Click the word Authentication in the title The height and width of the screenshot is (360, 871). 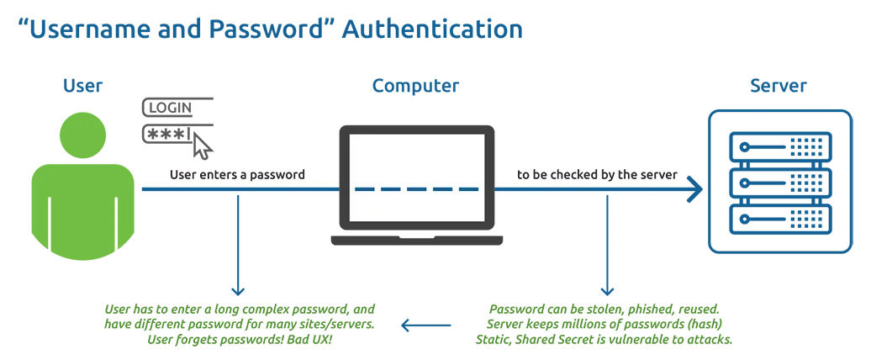click(x=432, y=29)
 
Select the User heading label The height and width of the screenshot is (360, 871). click(x=82, y=86)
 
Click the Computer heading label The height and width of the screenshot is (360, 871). click(x=415, y=86)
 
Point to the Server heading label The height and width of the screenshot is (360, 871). click(x=778, y=86)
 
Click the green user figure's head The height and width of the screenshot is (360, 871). click(x=83, y=135)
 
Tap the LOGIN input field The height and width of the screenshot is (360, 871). click(x=177, y=108)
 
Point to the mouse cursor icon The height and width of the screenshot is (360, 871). click(x=203, y=146)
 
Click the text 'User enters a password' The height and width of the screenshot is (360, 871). click(x=237, y=175)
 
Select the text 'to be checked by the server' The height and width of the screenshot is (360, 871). click(x=598, y=175)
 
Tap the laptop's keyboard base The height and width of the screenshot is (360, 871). click(x=416, y=241)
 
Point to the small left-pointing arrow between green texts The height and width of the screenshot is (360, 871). click(x=426, y=325)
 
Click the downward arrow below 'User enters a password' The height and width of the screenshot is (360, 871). click(x=239, y=252)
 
